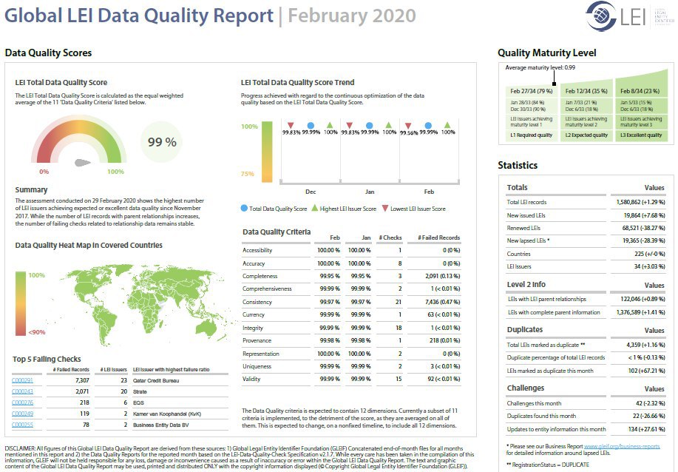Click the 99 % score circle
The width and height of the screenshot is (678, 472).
(x=161, y=142)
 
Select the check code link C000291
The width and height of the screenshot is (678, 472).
(x=22, y=380)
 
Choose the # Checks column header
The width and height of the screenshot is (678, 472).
(x=390, y=237)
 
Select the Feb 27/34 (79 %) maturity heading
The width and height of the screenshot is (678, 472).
(x=531, y=90)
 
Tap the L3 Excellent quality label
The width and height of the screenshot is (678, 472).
(x=641, y=135)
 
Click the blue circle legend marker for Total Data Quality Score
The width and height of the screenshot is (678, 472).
(x=245, y=209)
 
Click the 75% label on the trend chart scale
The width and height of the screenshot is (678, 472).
(x=248, y=175)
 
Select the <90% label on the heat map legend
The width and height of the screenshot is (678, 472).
(x=35, y=331)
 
